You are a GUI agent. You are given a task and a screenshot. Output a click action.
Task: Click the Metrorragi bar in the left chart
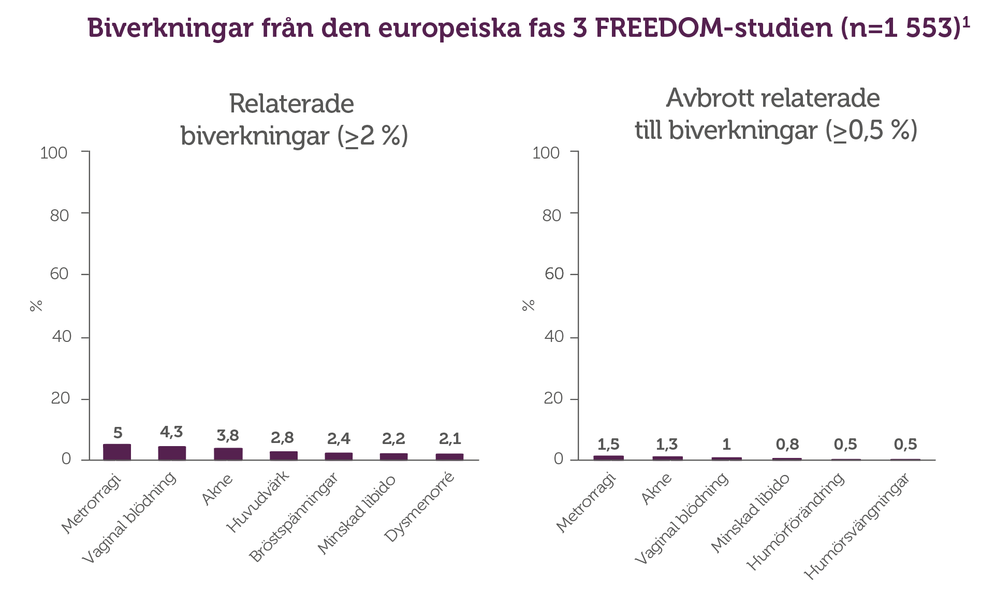117,452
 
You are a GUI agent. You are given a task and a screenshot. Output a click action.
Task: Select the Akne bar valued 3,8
228,454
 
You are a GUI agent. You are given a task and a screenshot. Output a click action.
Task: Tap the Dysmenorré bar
449,456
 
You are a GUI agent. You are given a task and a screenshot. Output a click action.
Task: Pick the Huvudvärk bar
284,455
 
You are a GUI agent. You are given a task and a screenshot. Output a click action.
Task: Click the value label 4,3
171,432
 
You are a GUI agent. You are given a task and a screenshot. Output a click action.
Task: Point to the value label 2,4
339,439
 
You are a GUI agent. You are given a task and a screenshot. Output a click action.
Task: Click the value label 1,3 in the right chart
667,444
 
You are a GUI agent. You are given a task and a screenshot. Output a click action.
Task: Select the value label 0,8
787,444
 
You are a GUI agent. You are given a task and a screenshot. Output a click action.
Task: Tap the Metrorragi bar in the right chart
608,457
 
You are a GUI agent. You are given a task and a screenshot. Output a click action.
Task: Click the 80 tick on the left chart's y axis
60,215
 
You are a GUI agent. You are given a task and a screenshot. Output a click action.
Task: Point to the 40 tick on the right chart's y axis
554,337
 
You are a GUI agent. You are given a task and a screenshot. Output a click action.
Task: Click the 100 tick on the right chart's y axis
546,153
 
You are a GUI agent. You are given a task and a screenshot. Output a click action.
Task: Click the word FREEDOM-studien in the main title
713,27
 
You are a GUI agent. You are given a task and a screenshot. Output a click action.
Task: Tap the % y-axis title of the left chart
36,306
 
